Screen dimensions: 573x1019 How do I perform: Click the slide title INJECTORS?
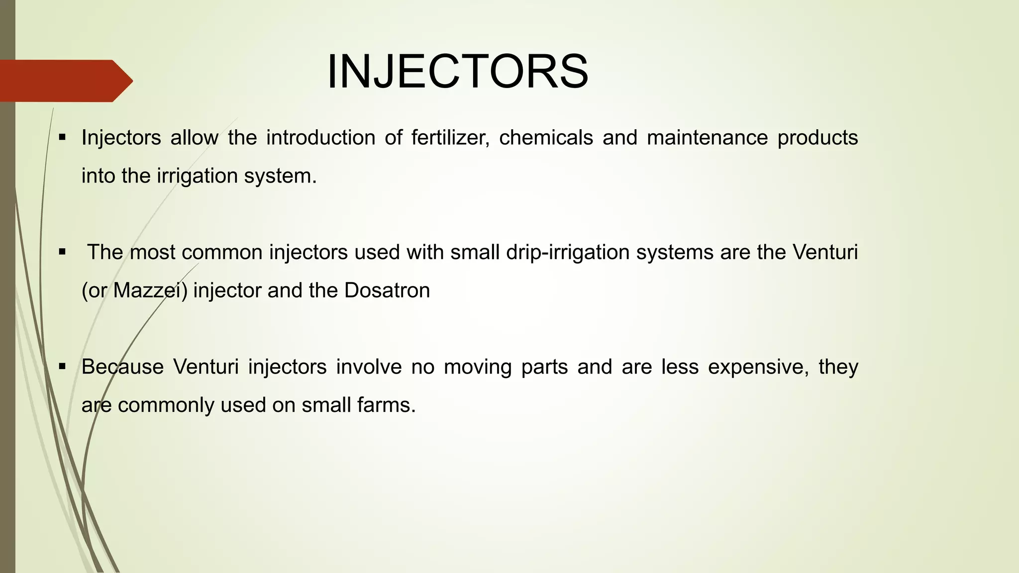click(457, 73)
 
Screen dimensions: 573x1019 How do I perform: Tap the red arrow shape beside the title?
click(65, 81)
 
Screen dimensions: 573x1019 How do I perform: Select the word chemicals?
click(546, 138)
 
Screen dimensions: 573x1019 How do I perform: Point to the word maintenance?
click(707, 138)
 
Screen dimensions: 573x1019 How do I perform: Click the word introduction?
click(320, 138)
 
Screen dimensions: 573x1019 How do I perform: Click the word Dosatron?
click(387, 290)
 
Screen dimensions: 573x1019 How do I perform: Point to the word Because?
click(122, 367)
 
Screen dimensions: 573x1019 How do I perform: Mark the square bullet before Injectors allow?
click(62, 137)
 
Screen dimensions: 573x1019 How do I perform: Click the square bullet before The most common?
click(62, 252)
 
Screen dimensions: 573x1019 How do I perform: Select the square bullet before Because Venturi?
click(62, 367)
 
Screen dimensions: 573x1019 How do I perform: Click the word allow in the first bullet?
click(194, 138)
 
